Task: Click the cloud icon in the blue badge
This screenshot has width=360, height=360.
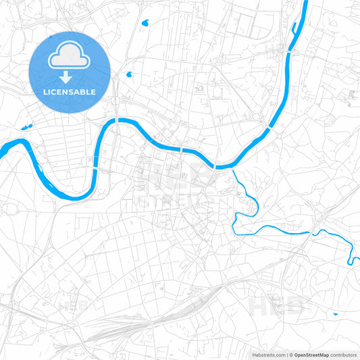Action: (70, 57)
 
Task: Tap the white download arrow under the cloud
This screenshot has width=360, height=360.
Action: (70, 78)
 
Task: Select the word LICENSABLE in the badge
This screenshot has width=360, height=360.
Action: (70, 92)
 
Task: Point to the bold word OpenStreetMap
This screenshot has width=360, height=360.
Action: (311, 354)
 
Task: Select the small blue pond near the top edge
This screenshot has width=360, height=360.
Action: (145, 23)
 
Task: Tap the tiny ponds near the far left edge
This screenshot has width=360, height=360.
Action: (27, 126)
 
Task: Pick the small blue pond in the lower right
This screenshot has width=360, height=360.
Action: (335, 314)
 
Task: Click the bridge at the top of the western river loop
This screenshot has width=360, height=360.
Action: (117, 120)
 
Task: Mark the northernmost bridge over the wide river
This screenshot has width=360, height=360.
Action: (289, 51)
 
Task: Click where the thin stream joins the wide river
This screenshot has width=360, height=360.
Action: (232, 169)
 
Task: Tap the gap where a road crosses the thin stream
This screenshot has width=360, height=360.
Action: (313, 233)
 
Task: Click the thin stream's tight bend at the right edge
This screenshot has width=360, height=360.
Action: (351, 261)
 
